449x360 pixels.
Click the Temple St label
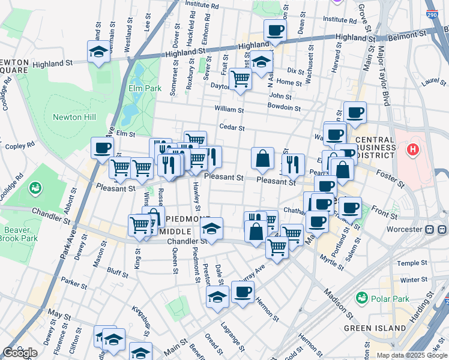(412, 263)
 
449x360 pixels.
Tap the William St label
(229, 110)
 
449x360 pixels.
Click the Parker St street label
(74, 283)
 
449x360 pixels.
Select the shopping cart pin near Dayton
(241, 79)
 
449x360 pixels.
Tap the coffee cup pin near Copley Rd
(102, 148)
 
